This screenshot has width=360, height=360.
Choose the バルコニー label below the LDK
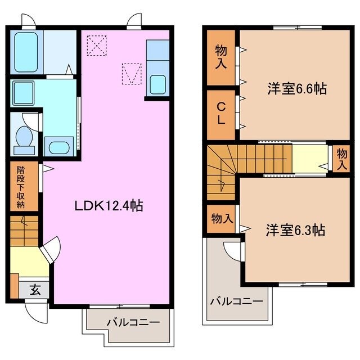133,322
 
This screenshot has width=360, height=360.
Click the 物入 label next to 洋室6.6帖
221,58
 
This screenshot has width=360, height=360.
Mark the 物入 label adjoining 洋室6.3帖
222,218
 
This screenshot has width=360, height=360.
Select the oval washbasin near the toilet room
58,147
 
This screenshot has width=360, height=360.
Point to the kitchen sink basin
157,85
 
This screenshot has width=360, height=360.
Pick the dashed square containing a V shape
131,73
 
